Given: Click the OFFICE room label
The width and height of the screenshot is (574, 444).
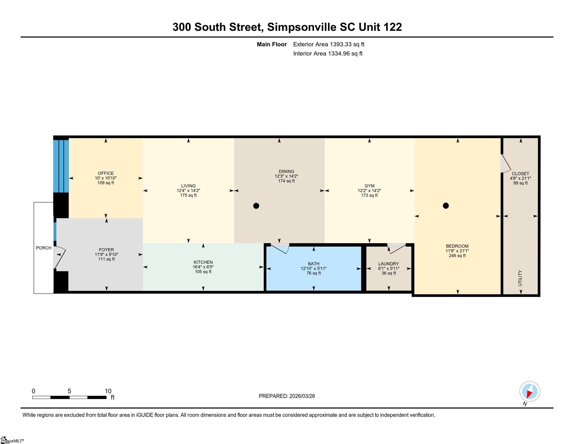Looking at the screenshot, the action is [106, 173].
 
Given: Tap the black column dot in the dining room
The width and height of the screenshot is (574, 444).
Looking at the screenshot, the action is [256, 206].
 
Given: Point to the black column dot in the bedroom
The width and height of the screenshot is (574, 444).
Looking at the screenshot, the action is [446, 206].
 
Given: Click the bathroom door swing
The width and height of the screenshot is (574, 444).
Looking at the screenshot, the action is [280, 248].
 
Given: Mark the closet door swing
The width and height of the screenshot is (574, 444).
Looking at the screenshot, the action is [505, 163].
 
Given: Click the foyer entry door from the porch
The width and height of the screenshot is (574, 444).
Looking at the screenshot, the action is [60, 258].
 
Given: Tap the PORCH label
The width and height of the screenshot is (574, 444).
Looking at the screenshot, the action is [44, 248].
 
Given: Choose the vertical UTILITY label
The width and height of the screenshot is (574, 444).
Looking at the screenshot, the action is [520, 278].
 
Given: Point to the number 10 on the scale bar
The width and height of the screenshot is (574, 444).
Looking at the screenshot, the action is [108, 391].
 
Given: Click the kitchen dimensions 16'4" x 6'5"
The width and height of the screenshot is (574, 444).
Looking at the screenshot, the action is [203, 267].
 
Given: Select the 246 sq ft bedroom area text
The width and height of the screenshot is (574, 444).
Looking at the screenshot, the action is [457, 255].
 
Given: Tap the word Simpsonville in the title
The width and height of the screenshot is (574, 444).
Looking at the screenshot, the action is [302, 27].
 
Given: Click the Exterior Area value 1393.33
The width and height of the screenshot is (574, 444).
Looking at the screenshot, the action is [340, 44].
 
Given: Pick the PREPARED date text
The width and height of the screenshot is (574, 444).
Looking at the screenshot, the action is [287, 396].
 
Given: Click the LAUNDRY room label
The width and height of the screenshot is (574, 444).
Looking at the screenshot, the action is [388, 264].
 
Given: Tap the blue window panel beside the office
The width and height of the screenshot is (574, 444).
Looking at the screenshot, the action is [61, 166].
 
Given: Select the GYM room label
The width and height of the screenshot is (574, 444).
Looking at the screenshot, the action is [369, 186].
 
